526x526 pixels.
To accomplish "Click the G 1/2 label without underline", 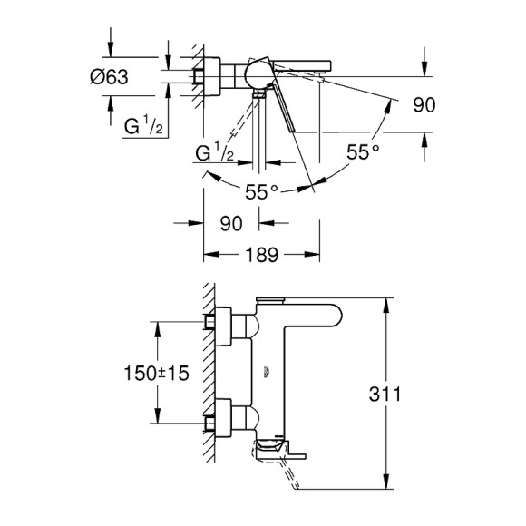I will [x=217, y=154].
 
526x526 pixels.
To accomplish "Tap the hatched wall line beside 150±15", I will [x=208, y=372].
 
